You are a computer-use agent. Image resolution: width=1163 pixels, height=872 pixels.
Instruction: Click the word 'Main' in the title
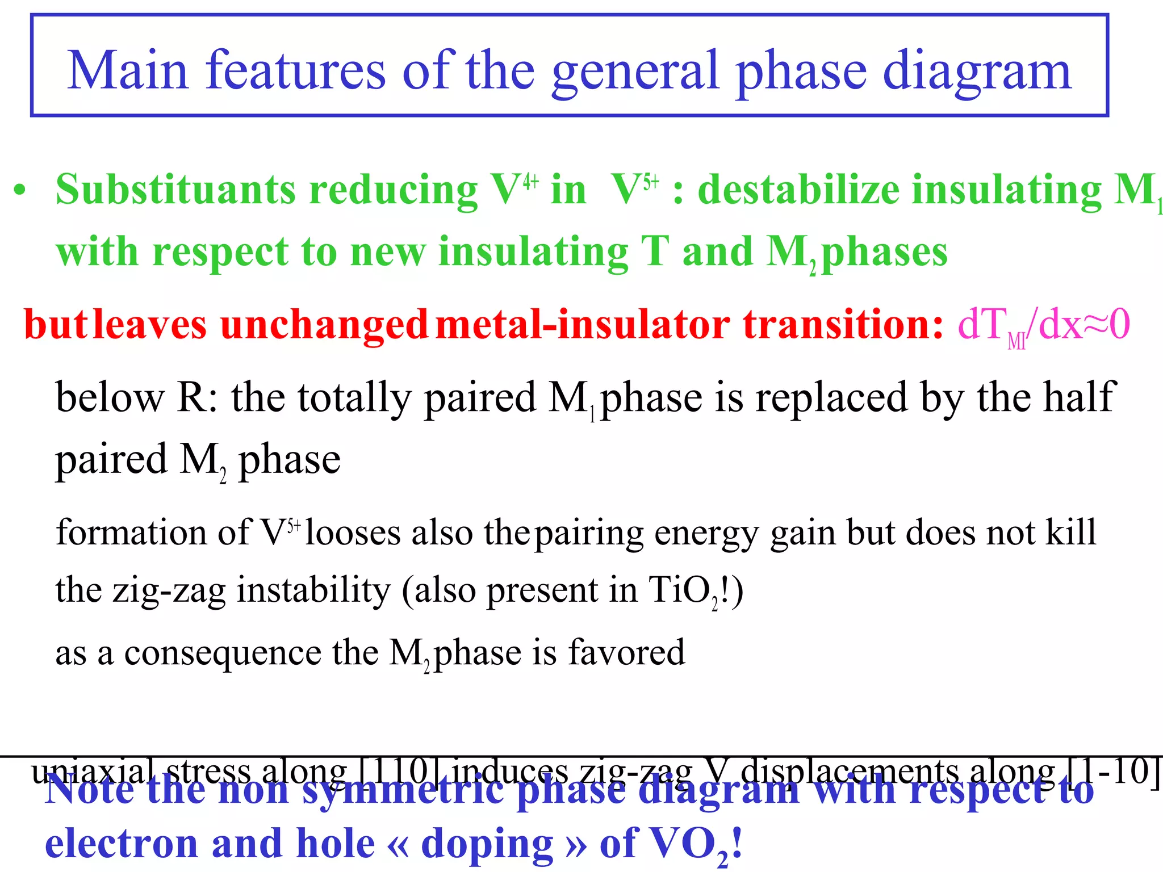pyautogui.click(x=127, y=70)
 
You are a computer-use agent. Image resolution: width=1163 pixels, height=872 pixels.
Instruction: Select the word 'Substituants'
pyautogui.click(x=176, y=190)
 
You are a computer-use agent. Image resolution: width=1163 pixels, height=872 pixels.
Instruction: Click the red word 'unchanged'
pyautogui.click(x=324, y=325)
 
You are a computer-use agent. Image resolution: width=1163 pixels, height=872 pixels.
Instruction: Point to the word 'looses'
pyautogui.click(x=353, y=533)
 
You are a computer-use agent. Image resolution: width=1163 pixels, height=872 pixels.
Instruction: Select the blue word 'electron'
pyautogui.click(x=122, y=844)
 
